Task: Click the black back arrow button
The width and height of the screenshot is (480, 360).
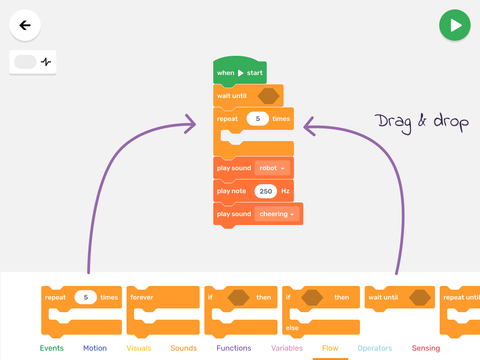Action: point(25,25)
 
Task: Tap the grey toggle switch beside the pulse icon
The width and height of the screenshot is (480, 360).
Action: point(25,62)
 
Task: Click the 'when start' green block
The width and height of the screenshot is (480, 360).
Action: point(240,73)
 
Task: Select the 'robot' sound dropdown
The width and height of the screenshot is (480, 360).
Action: point(272,168)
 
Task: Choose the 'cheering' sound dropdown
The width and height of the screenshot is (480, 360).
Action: point(277,214)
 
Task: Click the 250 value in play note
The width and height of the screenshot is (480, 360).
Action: point(266,191)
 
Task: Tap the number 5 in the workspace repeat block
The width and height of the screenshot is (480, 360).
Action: point(258,119)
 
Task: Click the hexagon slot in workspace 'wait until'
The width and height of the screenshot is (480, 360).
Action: point(269,96)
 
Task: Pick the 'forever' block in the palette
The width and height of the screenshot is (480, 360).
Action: point(142,297)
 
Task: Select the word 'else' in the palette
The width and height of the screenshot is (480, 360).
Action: point(292,328)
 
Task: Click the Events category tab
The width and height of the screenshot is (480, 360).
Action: point(52,348)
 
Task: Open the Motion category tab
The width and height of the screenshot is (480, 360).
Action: point(95,348)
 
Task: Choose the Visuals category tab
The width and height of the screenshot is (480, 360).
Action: point(139,348)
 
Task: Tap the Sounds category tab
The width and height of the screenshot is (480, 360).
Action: point(183,348)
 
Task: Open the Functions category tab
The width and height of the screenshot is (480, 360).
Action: point(233,348)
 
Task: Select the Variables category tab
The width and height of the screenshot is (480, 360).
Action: point(287,348)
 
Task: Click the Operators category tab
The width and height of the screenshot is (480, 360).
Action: point(375,348)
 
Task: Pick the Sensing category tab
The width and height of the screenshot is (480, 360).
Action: point(426,348)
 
